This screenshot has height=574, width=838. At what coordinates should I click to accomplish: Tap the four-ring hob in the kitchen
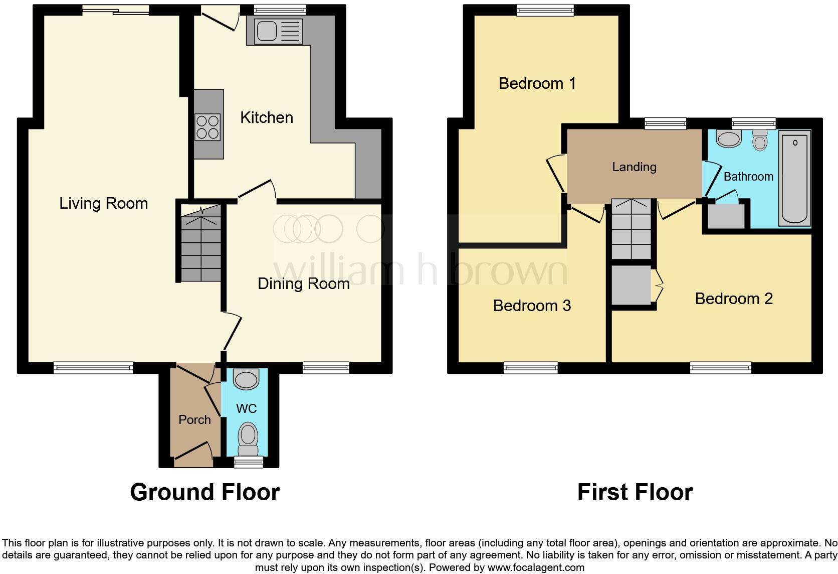(207, 127)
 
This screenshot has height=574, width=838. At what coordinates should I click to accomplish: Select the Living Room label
(103, 203)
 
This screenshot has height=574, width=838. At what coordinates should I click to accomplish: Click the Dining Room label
(303, 283)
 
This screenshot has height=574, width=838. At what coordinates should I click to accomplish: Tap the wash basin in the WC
(246, 379)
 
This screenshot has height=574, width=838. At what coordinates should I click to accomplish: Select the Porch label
(194, 419)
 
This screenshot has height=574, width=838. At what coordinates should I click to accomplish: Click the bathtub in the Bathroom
(795, 178)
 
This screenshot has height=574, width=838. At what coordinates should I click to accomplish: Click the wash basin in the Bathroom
(729, 138)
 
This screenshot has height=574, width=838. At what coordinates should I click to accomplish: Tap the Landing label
(634, 167)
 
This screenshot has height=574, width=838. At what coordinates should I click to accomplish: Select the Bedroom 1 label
(537, 83)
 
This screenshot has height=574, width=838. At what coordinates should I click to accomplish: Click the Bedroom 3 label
(532, 306)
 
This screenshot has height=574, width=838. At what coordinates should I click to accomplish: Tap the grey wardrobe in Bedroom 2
(632, 285)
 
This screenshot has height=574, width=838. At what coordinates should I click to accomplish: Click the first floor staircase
(632, 229)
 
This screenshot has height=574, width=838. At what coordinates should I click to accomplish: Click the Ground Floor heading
(204, 492)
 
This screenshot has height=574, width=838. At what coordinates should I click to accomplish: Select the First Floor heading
(635, 492)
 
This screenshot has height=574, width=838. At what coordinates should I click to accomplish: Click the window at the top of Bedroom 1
(545, 10)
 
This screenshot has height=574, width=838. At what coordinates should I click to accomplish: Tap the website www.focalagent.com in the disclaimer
(535, 567)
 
